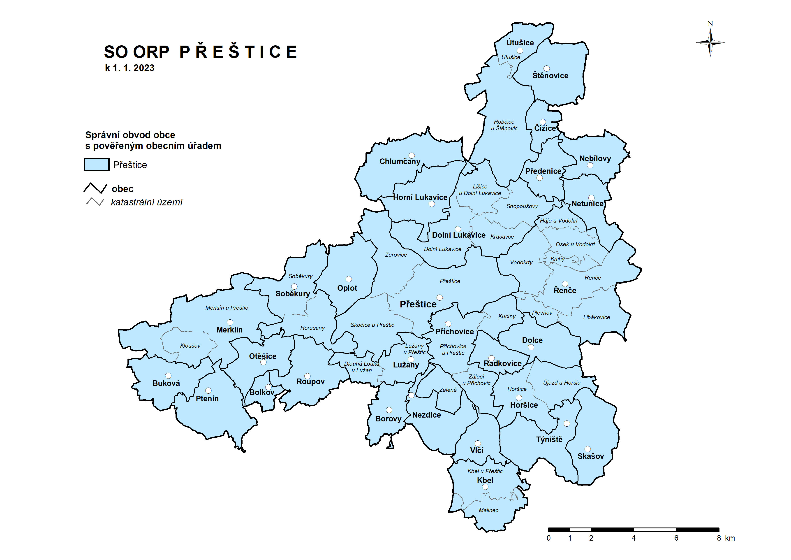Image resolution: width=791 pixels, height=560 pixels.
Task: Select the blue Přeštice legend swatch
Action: click(x=97, y=165)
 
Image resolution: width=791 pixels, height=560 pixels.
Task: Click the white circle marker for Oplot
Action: click(x=349, y=279)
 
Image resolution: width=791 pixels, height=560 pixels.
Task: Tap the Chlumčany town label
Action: click(x=400, y=161)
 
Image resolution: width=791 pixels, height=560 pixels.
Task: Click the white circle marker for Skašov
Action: click(x=588, y=449)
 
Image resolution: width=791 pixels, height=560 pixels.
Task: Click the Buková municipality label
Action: click(x=166, y=383)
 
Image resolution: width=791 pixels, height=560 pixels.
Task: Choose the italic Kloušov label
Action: click(x=190, y=346)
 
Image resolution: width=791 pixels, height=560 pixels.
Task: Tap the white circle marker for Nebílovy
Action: click(x=590, y=165)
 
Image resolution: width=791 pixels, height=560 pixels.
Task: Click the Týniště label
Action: click(x=549, y=439)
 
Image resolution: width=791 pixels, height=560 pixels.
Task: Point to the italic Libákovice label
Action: click(x=596, y=317)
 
